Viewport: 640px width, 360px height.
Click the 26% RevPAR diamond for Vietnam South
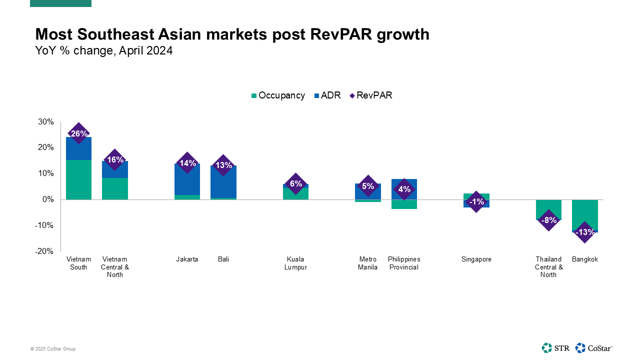coord(78,133)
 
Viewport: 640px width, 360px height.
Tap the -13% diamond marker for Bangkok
coord(585,232)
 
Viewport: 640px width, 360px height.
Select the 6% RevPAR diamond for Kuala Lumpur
coord(295,183)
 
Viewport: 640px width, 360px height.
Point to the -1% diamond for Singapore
coord(476,201)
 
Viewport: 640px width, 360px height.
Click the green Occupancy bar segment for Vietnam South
coord(78,179)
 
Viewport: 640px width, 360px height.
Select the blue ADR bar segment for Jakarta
coord(187,179)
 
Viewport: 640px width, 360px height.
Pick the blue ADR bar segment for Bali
coord(223,181)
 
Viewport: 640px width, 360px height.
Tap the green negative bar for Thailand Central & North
coord(548,209)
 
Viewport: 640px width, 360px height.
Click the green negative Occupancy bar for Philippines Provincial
coord(404,204)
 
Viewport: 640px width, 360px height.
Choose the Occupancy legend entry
coord(278,95)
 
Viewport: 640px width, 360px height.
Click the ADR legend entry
coord(327,95)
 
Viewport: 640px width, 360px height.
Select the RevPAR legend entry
coord(371,95)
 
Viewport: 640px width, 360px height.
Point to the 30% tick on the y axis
coord(46,121)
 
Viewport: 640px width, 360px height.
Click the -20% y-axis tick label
coord(44,251)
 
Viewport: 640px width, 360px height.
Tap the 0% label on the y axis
coord(48,199)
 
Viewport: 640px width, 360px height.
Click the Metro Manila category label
coord(367,263)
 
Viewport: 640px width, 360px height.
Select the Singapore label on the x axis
coord(476,259)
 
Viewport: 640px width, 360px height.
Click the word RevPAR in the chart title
coord(341,34)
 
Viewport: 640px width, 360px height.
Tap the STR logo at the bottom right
coord(555,348)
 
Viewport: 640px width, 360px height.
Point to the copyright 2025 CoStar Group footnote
coord(53,349)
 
